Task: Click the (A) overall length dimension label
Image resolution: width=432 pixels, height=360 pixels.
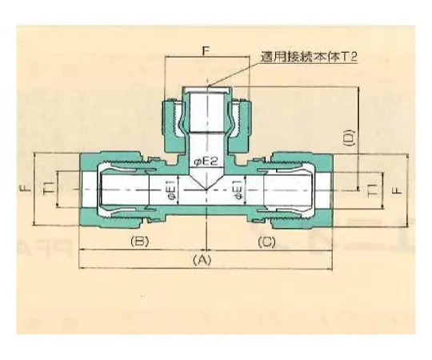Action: pos(204,259)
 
